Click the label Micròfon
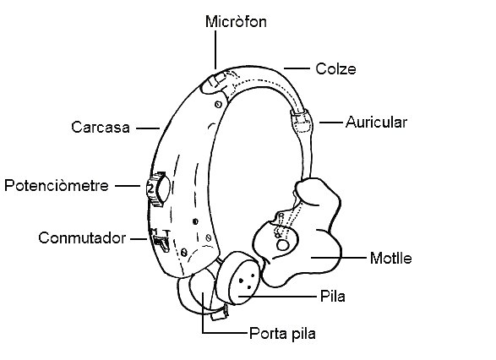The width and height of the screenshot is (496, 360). [x=236, y=22]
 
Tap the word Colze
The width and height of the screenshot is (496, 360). [x=335, y=69]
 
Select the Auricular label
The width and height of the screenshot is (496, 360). [x=376, y=122]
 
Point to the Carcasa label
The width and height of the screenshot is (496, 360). [x=101, y=127]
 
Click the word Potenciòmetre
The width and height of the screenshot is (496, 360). [x=57, y=185]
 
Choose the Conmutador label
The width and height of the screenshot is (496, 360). [x=82, y=238]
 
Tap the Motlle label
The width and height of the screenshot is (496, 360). [x=391, y=258]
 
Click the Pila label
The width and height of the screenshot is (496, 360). [x=332, y=297]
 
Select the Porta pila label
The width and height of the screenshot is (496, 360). [x=282, y=334]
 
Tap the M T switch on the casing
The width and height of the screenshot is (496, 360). [x=161, y=241]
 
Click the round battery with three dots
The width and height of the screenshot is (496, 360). [x=238, y=278]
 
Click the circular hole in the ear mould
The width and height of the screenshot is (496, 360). [x=283, y=245]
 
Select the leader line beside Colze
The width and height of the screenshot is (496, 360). [x=297, y=68]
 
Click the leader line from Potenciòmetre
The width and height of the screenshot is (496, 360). [x=128, y=186]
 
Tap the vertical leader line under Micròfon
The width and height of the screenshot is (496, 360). [x=215, y=50]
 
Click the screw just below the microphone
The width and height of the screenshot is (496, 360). [x=218, y=104]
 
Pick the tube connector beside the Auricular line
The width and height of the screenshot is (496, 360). [x=301, y=122]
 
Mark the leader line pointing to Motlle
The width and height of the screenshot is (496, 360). [x=339, y=258]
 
